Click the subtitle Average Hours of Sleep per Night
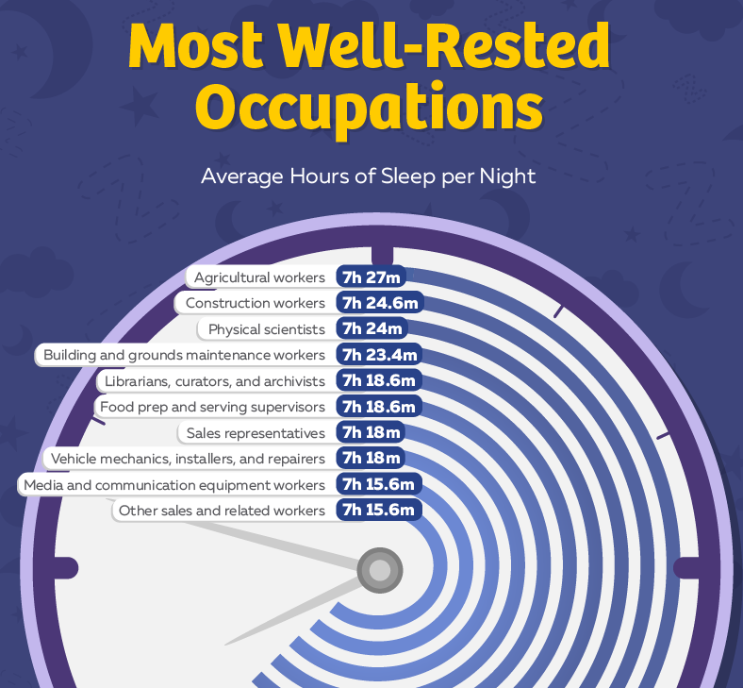click(369, 176)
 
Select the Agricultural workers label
click(259, 277)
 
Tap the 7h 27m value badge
click(373, 277)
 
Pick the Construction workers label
click(255, 303)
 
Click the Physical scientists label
click(266, 329)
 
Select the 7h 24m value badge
click(373, 329)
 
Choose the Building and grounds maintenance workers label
click(184, 356)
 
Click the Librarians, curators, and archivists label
click(215, 381)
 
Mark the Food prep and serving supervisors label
click(212, 407)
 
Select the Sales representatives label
click(256, 433)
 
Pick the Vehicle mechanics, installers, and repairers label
click(188, 459)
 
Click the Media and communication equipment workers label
click(174, 485)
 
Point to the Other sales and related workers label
click(222, 511)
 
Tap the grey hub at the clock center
click(379, 570)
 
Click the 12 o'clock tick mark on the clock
click(382, 255)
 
